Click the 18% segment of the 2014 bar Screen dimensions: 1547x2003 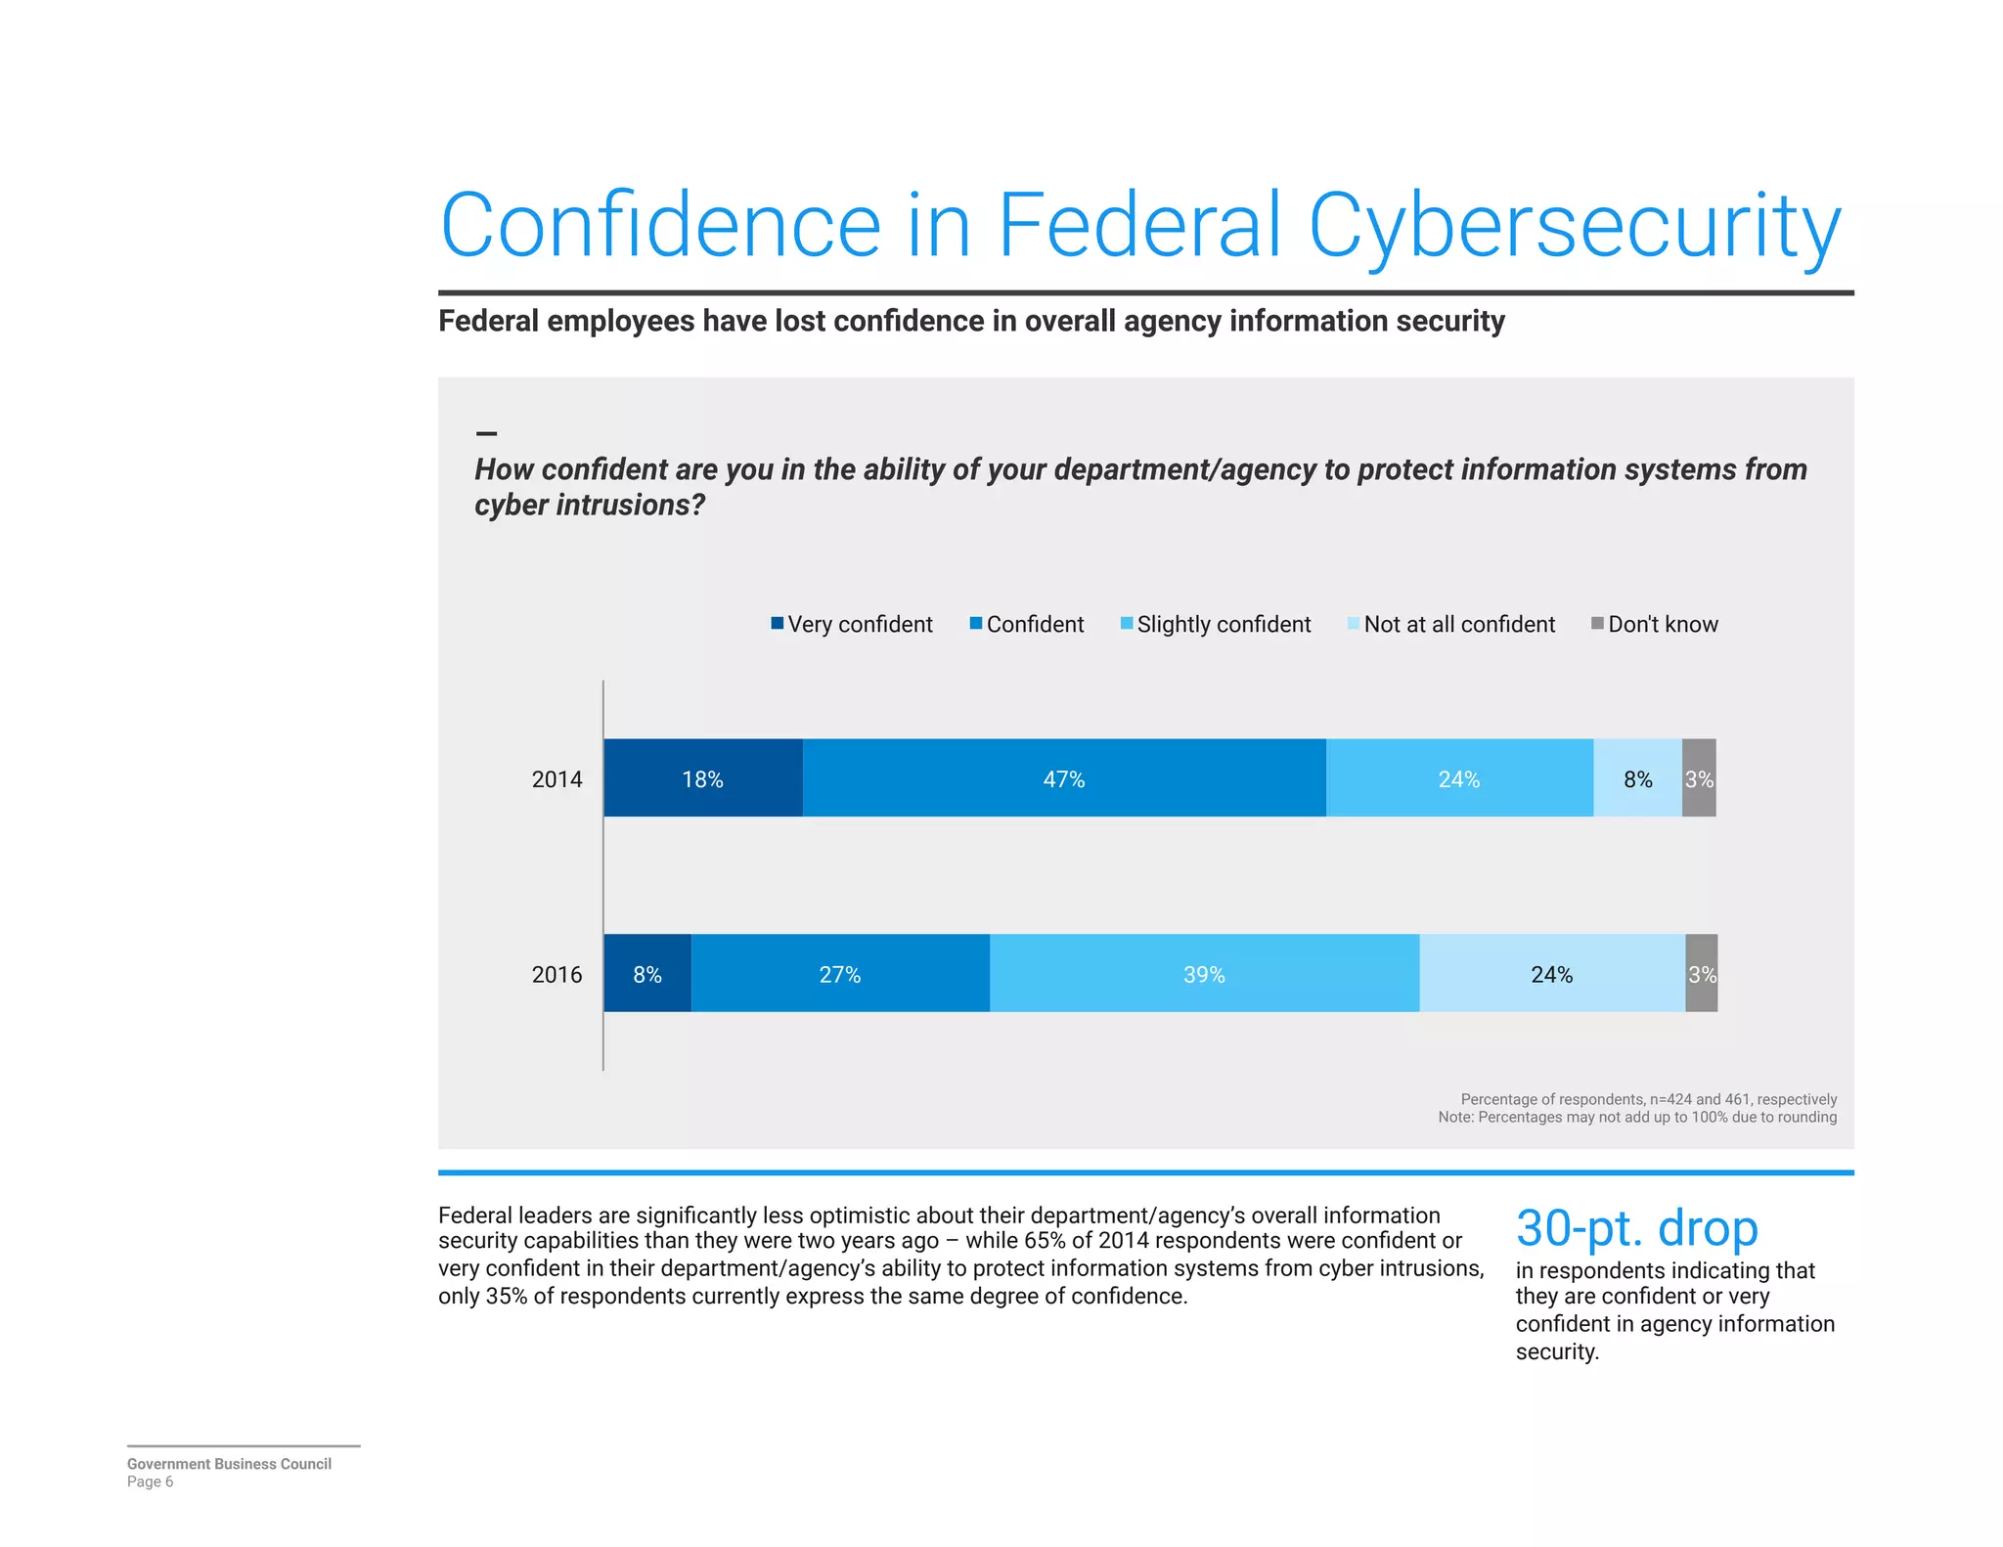(x=702, y=778)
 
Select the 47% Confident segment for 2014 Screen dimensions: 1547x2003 (x=1063, y=778)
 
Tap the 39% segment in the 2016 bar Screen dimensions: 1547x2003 (x=1203, y=973)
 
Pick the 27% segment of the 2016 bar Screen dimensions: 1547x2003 (x=839, y=973)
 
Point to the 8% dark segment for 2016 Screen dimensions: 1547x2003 (x=646, y=973)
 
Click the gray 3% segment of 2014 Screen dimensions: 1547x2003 (x=1699, y=778)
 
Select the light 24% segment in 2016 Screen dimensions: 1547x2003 (x=1551, y=973)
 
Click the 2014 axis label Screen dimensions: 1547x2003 (x=556, y=779)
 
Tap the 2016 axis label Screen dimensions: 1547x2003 (x=556, y=974)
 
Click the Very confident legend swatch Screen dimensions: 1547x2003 (x=778, y=623)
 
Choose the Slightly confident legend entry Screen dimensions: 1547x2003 (x=1223, y=624)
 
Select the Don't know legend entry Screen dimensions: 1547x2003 (x=1662, y=624)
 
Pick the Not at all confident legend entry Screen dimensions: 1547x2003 (x=1458, y=624)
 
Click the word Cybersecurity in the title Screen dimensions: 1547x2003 (x=1575, y=227)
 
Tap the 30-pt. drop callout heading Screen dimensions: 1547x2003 (x=1636, y=1227)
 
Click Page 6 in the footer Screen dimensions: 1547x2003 (x=150, y=1481)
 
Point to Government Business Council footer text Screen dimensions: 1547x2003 (x=229, y=1463)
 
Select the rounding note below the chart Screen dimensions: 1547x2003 (x=1637, y=1117)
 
